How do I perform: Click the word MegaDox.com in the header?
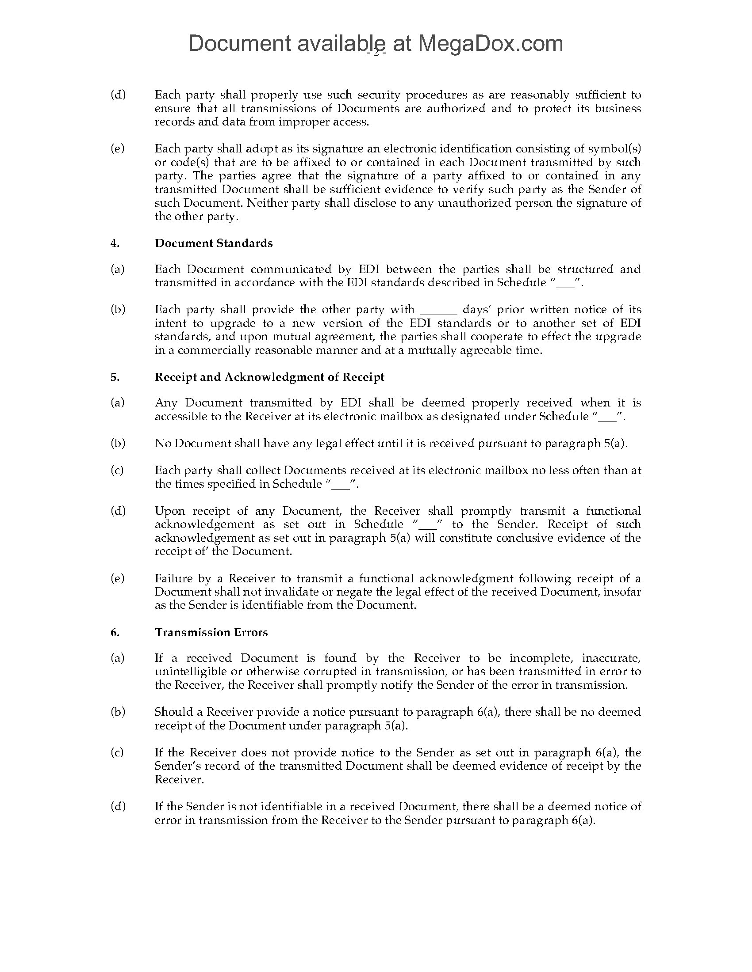click(490, 44)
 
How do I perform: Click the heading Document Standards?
click(213, 243)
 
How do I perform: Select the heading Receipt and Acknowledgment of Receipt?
click(269, 377)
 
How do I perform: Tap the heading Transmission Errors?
click(211, 632)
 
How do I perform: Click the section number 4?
click(115, 243)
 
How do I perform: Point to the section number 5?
click(115, 377)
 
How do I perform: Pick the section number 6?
click(115, 632)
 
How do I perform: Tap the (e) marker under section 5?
click(118, 578)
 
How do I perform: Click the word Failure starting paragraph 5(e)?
click(173, 578)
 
